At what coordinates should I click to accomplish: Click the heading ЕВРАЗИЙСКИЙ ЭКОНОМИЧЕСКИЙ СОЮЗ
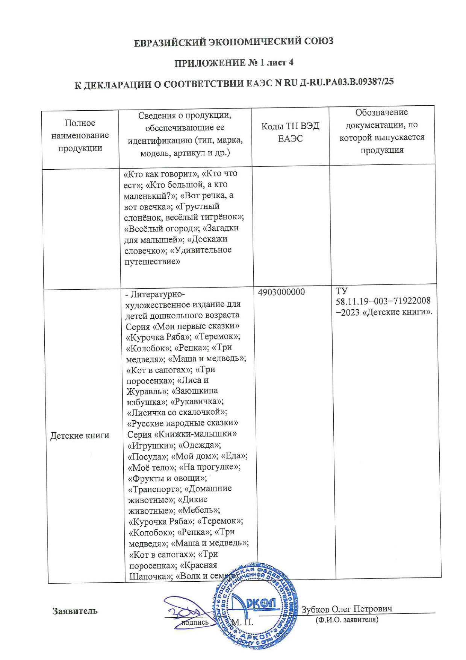(233, 42)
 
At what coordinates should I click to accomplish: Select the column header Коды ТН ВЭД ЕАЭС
(290, 132)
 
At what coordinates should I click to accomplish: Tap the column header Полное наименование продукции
(80, 135)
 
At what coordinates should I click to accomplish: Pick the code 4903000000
(281, 292)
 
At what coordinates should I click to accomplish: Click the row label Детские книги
(80, 436)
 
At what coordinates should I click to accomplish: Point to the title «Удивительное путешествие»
(178, 255)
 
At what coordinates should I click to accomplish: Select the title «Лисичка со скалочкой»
(177, 412)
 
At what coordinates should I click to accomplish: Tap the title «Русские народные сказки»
(183, 423)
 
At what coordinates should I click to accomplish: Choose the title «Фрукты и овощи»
(168, 478)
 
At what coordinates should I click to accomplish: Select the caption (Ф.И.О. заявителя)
(346, 619)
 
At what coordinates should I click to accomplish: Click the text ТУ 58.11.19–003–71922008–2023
(383, 301)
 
